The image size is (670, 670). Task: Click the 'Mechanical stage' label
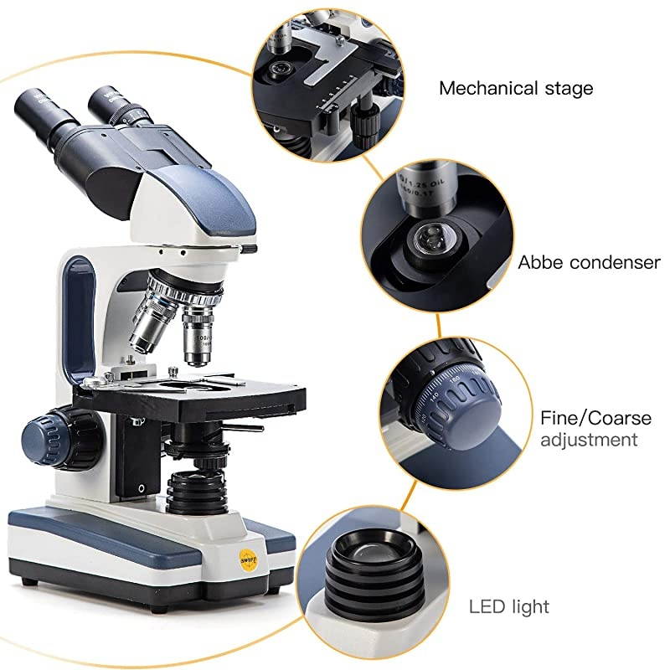516,88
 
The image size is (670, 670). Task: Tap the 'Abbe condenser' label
590,262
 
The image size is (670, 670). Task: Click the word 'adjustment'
589,440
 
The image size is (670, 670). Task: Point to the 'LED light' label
510,606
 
